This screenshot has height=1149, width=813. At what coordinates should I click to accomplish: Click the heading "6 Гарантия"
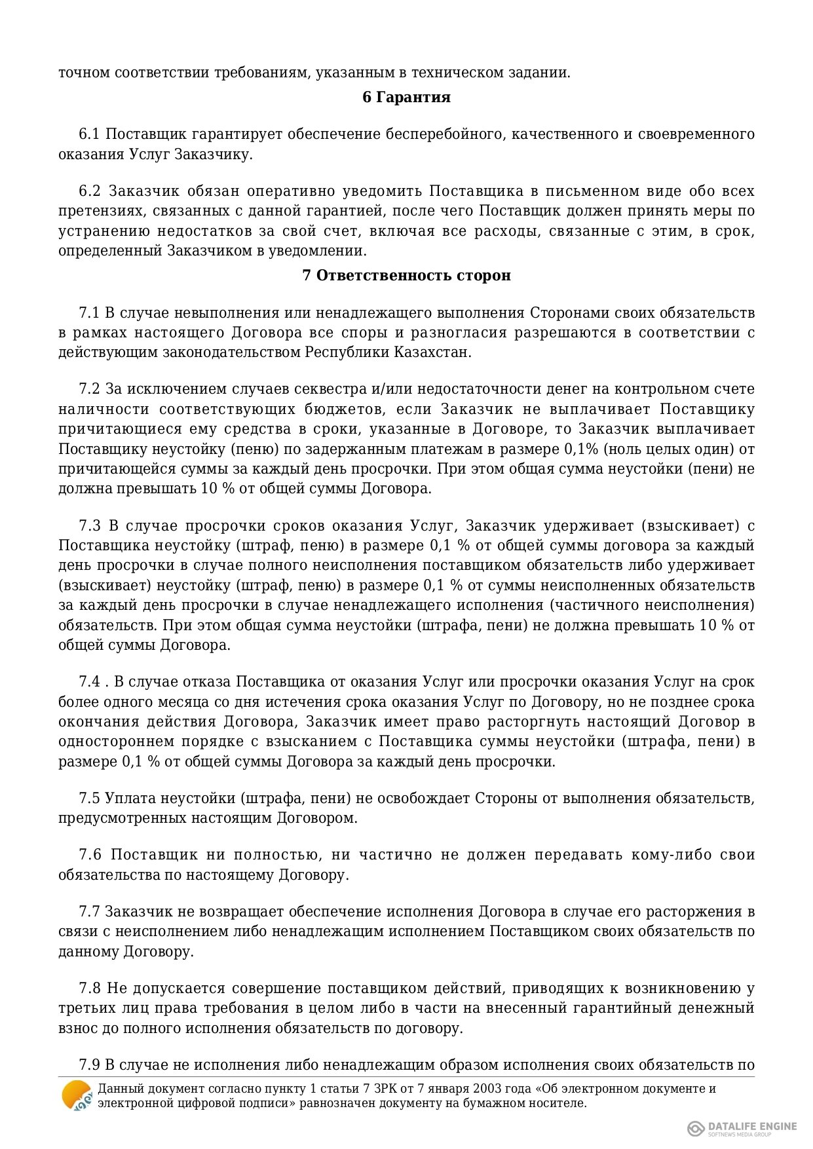[406, 97]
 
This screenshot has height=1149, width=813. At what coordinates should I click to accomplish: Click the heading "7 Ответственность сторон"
[406, 275]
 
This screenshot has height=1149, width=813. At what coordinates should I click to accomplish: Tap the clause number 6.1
[89, 134]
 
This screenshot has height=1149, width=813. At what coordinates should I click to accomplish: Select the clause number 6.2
[89, 191]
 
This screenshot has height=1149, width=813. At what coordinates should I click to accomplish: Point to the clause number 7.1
[89, 312]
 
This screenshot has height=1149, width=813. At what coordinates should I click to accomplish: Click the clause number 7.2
[89, 389]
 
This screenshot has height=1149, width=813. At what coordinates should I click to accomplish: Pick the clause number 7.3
[89, 525]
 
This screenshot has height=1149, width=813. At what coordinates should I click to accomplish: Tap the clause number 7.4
[89, 682]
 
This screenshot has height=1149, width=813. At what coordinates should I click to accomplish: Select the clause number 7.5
[89, 798]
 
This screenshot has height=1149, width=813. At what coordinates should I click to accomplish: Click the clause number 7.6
[89, 855]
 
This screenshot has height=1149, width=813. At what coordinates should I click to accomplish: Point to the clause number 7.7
[89, 912]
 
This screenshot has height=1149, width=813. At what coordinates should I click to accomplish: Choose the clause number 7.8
[89, 988]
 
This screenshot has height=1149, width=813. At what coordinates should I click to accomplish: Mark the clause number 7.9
[89, 1064]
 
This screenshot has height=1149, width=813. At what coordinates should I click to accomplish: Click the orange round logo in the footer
[77, 1095]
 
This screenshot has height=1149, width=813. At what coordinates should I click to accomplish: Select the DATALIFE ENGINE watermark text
[752, 1126]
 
